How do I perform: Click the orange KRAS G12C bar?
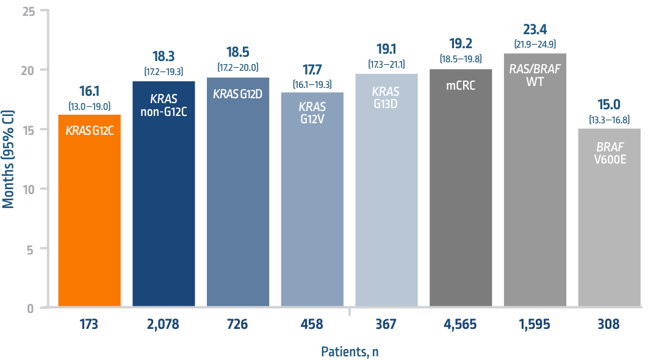coord(89,211)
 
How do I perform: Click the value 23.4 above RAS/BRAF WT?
coord(535,30)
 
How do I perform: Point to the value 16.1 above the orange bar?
coord(89,92)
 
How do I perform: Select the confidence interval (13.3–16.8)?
coord(609,119)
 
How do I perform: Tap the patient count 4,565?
coord(461,324)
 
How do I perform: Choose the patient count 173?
coord(89,324)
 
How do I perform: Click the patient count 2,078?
coord(164,324)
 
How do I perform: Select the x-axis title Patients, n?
coord(350,351)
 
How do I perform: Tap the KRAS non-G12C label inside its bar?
coord(164,104)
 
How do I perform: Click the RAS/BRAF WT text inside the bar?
coord(535,74)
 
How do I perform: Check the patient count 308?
coord(609,324)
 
